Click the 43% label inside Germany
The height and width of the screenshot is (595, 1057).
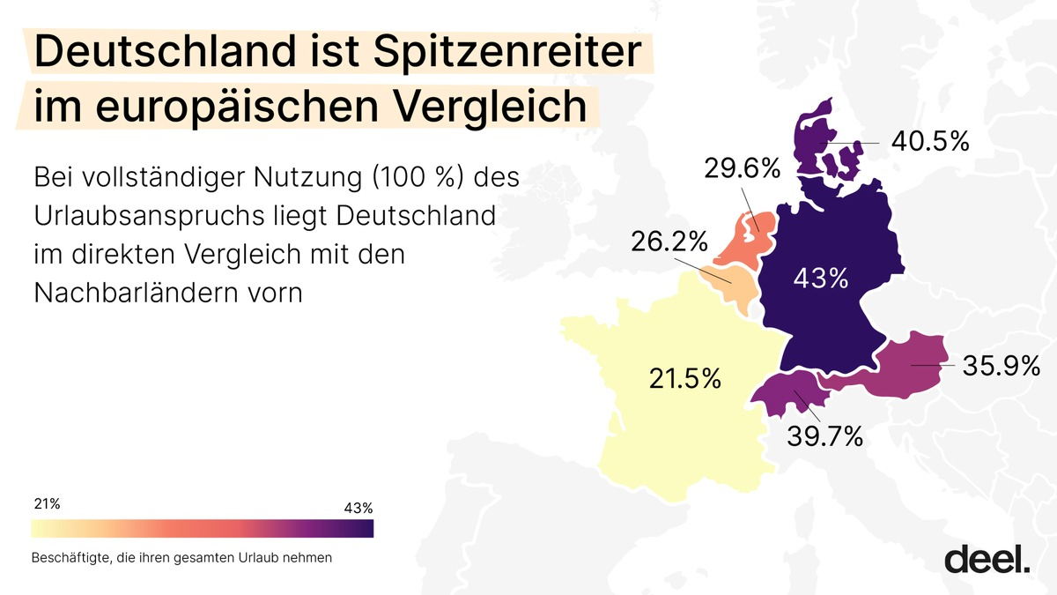point(820,279)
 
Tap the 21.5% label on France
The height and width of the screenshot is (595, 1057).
point(684,379)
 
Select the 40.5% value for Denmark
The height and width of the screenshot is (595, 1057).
point(928,141)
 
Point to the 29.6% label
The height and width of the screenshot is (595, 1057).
point(742,169)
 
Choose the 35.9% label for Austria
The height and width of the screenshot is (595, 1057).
point(1002,365)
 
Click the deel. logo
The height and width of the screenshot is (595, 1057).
point(987,559)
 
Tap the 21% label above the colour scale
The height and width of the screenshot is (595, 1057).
point(47,504)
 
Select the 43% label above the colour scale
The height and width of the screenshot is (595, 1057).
point(358,508)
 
